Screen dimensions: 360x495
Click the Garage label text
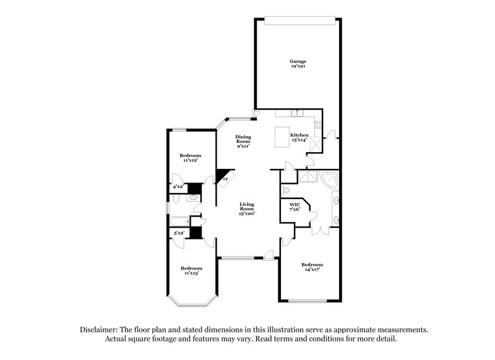click(298, 61)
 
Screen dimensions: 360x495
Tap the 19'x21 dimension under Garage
click(298, 67)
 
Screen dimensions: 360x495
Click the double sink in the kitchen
click(299, 113)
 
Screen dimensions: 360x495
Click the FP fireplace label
click(225, 179)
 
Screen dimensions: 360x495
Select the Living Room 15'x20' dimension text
click(247, 213)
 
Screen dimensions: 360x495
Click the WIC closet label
click(295, 204)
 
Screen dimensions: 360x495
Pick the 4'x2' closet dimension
click(178, 186)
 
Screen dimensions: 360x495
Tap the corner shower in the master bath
click(330, 179)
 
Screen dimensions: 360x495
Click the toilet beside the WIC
click(286, 189)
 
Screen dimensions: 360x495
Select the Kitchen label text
click(299, 135)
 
